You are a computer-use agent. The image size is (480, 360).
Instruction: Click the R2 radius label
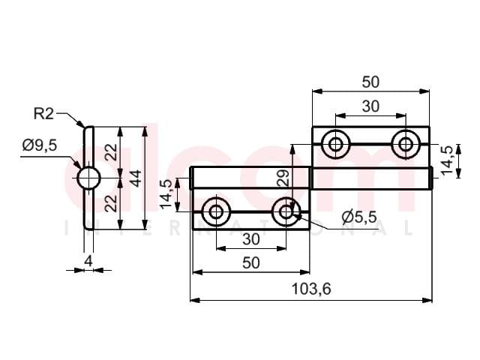click(x=43, y=114)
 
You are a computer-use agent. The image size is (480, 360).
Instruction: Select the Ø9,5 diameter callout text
click(x=40, y=145)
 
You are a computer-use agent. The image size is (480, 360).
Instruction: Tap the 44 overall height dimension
click(x=136, y=178)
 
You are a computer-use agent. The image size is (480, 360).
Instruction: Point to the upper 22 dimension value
click(x=112, y=152)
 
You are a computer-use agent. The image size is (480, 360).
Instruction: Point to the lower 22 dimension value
click(x=112, y=203)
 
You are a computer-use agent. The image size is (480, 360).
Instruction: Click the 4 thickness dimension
click(x=88, y=261)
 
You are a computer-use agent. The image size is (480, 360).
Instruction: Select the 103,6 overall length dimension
click(x=311, y=289)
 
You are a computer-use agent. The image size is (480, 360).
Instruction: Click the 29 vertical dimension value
click(x=283, y=178)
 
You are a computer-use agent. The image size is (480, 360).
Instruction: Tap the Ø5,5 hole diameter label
click(x=359, y=217)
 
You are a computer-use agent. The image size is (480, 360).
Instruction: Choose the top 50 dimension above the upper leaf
click(x=370, y=82)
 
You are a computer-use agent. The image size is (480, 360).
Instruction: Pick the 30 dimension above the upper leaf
click(x=370, y=106)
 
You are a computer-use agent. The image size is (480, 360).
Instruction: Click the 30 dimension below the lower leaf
click(x=251, y=239)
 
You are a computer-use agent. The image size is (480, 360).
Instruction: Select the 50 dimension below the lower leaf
click(x=251, y=263)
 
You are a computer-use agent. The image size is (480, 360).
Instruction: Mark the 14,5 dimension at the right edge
click(x=447, y=160)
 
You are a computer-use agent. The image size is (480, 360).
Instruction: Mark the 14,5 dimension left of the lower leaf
click(x=166, y=195)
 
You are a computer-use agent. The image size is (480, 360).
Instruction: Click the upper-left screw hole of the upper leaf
click(x=336, y=144)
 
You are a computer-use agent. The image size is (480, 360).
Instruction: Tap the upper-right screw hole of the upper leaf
click(x=406, y=144)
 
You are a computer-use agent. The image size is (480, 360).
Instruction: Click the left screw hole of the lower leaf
click(x=216, y=211)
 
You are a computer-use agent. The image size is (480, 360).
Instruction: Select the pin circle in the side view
click(x=88, y=178)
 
